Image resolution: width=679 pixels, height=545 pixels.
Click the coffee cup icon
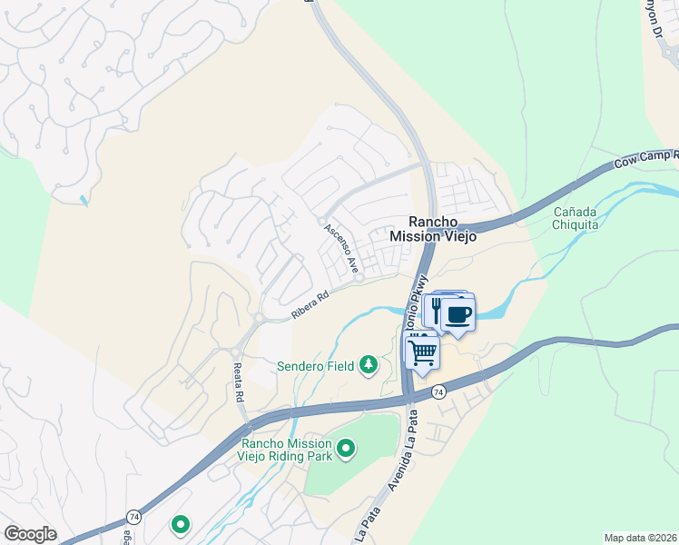458,315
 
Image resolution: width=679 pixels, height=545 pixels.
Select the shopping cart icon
422,351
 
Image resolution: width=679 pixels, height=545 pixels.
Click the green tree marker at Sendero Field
369,365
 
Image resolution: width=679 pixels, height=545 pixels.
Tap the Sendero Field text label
316,365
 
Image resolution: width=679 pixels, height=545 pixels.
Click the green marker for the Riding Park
345,448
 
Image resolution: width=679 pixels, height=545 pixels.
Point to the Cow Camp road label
645,158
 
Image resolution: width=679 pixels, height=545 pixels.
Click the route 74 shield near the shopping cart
438,391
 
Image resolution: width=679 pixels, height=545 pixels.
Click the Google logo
30,534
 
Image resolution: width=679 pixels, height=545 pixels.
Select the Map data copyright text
640,538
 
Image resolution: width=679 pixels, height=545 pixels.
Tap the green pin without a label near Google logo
181,523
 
